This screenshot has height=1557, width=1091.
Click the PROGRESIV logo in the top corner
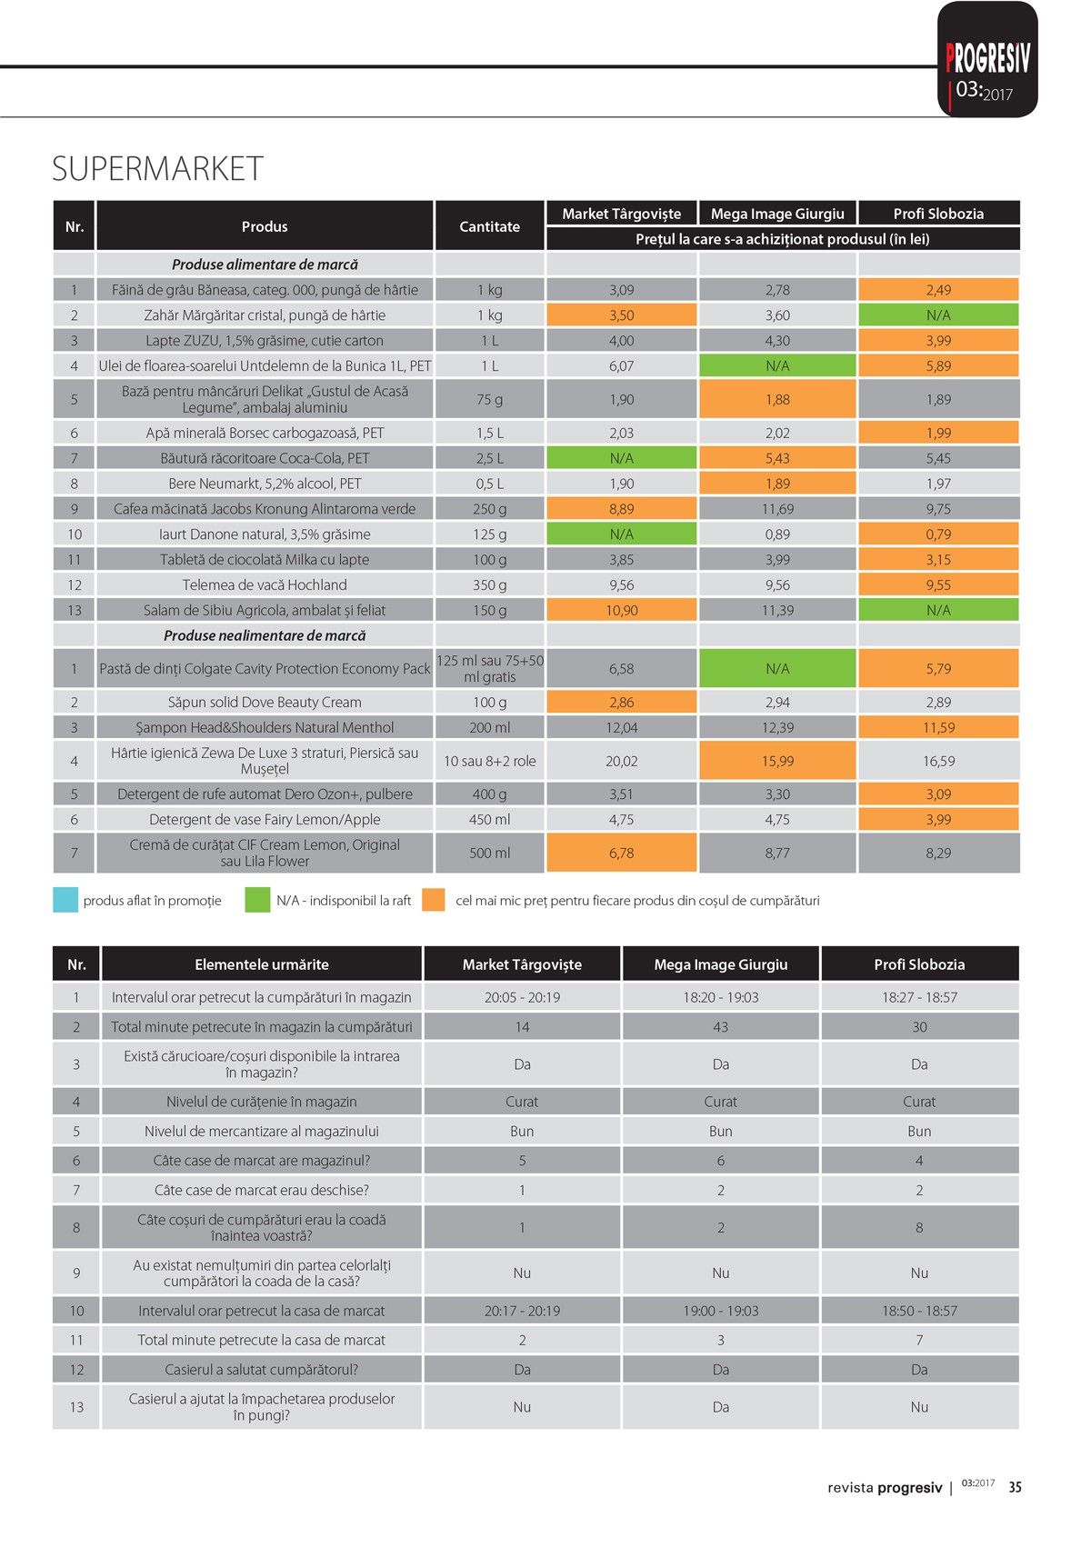tap(987, 60)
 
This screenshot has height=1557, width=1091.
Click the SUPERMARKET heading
tap(157, 169)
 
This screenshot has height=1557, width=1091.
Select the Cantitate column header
tap(489, 226)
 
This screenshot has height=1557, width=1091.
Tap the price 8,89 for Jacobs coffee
tap(621, 509)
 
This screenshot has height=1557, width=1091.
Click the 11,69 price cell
tap(777, 509)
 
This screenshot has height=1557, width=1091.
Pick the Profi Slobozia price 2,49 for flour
tap(938, 290)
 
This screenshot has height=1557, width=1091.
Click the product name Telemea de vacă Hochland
tap(265, 585)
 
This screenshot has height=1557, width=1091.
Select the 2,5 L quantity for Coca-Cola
tap(489, 458)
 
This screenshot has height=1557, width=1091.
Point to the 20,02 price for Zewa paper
tap(621, 762)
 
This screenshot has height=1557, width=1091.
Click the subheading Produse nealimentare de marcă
tap(265, 636)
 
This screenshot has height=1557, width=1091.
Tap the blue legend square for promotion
tap(65, 901)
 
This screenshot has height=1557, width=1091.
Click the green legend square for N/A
tap(257, 901)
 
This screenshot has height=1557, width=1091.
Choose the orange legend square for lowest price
tap(435, 901)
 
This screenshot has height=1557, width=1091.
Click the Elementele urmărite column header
tap(262, 964)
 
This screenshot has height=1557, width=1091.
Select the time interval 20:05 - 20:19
tap(522, 997)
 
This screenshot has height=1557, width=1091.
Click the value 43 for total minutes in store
tap(720, 1027)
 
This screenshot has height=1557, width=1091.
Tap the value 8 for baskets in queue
tap(919, 1228)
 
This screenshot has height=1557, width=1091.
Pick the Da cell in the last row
tap(720, 1407)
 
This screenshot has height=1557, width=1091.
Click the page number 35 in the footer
tap(1015, 1487)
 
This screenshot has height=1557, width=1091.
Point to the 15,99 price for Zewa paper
tap(777, 762)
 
